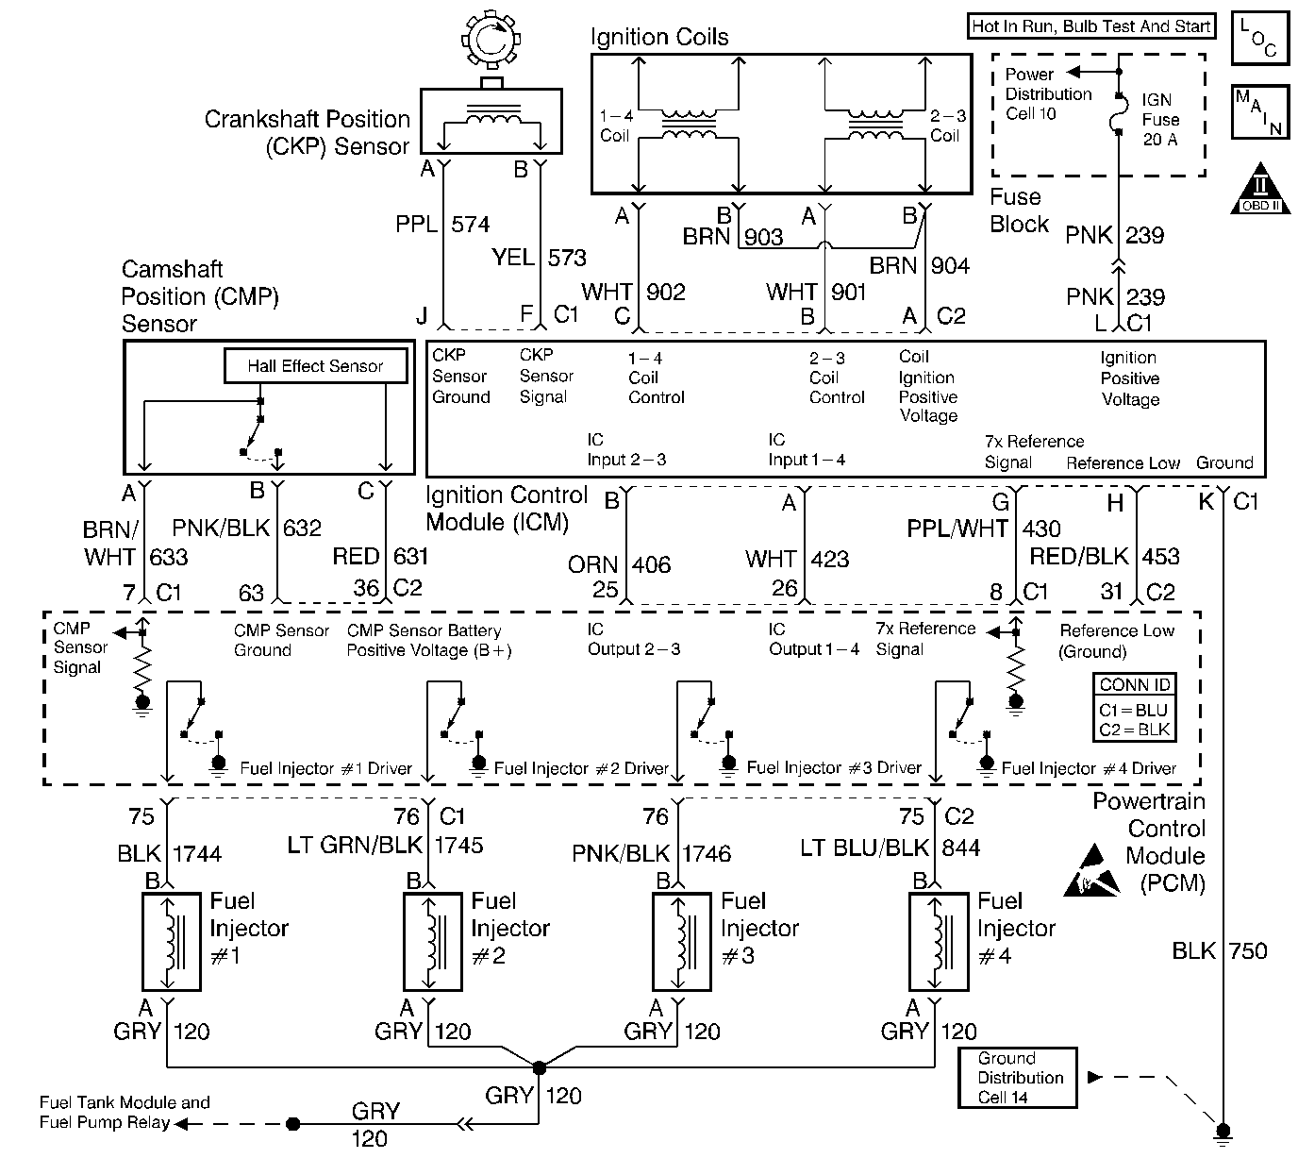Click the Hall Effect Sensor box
315,366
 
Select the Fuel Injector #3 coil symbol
681,941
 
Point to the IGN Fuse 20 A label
1159,120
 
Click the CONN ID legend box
1133,708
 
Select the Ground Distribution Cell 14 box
1017,1077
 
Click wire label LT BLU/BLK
864,848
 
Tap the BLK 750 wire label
1220,950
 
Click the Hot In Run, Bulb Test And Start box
1090,26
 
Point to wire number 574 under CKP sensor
470,225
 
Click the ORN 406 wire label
619,565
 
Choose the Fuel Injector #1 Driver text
325,768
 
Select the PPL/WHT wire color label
957,529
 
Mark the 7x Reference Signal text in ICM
1034,452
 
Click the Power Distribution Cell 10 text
1047,93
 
